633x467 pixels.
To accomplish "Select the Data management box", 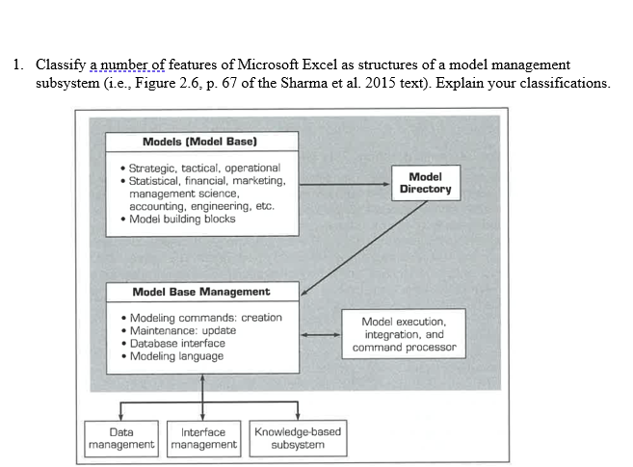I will tap(121, 438).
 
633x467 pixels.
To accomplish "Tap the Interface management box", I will tap(203, 438).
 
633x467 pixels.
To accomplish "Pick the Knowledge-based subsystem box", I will tap(297, 438).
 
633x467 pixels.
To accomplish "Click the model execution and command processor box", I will tap(404, 333).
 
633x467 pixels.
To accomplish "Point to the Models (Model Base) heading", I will tap(199, 143).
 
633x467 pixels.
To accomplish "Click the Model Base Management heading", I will tap(200, 292).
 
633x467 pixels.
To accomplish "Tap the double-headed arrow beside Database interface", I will tap(320, 335).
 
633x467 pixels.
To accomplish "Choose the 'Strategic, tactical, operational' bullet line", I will tap(203, 168).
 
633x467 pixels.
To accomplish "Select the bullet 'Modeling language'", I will tap(175, 356).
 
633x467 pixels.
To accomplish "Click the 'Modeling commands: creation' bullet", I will tap(205, 317).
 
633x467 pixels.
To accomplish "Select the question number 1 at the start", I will tap(18, 65).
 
